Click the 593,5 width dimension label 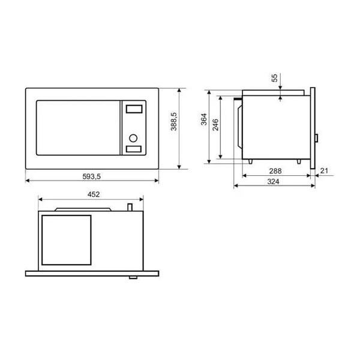[x=92, y=176]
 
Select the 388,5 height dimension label [x=174, y=121]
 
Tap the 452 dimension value [x=94, y=194]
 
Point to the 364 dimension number [x=204, y=119]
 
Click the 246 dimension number [x=215, y=125]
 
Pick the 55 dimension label [x=274, y=78]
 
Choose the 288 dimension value [x=275, y=171]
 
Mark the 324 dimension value [x=274, y=182]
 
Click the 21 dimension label [x=324, y=170]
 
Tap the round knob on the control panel [x=133, y=138]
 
